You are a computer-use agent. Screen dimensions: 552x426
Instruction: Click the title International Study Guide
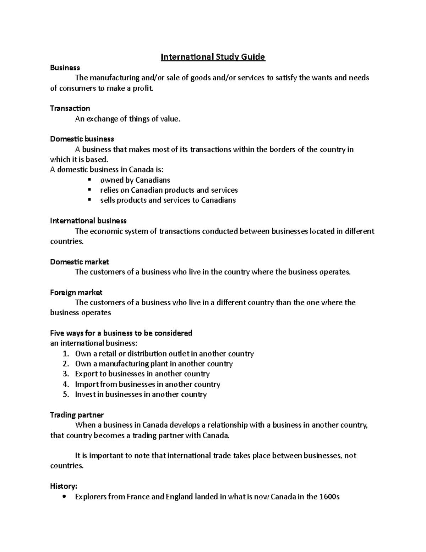click(x=213, y=57)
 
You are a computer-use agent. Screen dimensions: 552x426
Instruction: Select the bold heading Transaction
click(x=70, y=108)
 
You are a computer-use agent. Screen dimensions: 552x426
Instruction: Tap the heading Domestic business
click(x=82, y=139)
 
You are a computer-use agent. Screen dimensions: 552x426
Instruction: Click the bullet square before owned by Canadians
click(x=89, y=179)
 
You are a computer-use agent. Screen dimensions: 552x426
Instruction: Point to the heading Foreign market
click(x=76, y=292)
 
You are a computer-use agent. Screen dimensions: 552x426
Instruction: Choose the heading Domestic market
click(x=80, y=262)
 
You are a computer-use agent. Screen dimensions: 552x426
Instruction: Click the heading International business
click(x=88, y=221)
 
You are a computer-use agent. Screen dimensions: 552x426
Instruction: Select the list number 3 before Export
click(x=65, y=374)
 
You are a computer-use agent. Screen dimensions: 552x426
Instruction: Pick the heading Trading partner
click(x=77, y=415)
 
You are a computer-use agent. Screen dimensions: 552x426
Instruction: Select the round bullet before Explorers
click(x=64, y=497)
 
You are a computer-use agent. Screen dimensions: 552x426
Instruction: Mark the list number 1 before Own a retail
click(x=65, y=353)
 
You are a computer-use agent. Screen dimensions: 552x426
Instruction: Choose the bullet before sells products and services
click(x=89, y=200)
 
